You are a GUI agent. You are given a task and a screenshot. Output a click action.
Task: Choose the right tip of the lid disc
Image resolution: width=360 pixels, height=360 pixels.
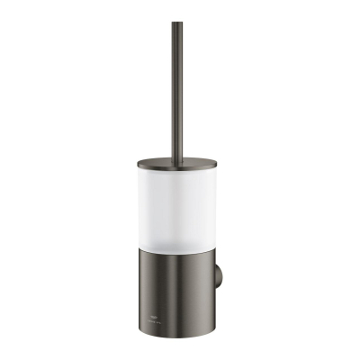217,164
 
